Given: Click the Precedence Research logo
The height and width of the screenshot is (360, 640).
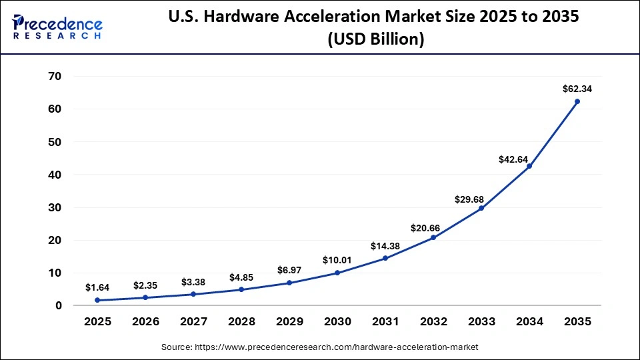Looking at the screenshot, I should coord(57,27).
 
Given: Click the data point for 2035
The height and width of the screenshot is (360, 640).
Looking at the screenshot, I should coord(577,101).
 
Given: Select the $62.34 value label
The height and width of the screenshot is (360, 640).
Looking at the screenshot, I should coord(577,88).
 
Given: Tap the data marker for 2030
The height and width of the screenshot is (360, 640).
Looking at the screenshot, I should coord(337,273).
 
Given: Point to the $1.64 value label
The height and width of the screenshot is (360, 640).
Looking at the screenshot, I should coord(97,287).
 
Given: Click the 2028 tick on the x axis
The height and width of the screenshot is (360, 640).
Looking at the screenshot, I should coord(241,321).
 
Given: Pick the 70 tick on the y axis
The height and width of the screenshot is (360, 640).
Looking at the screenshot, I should coord(54,77).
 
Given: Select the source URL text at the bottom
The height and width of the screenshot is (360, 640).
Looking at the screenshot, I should coord(320,347).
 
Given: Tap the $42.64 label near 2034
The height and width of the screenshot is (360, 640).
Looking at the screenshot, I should coord(513,159).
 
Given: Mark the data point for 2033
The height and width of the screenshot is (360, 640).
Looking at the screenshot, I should coord(481,208).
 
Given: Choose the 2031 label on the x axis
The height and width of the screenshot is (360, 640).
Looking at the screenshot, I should coord(385,321).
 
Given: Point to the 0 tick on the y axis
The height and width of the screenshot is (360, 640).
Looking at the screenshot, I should coord(59,306).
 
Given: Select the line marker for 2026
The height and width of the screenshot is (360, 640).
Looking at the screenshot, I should coord(145,298).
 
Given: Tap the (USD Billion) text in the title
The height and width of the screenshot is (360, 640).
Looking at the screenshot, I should coord(375,40).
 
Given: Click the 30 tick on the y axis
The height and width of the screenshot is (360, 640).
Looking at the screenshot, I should coord(54,208).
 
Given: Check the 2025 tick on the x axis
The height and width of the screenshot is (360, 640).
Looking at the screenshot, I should coord(97,321).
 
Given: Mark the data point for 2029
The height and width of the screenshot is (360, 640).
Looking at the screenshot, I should coord(289,283).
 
